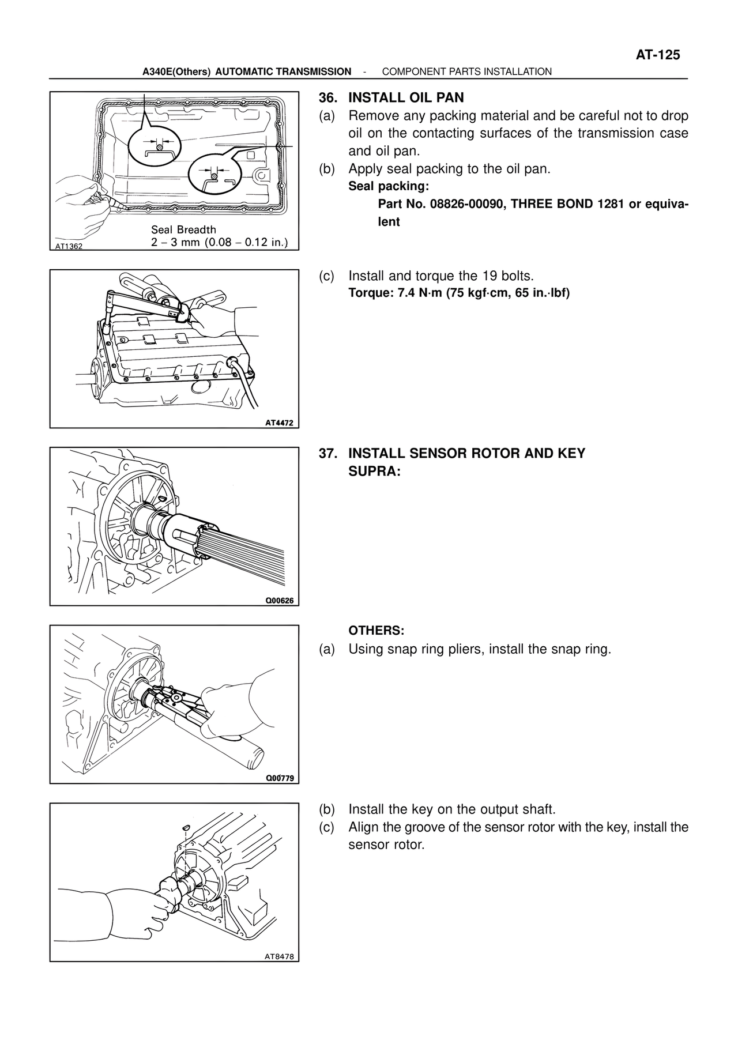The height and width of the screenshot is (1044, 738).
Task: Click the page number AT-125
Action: click(x=658, y=55)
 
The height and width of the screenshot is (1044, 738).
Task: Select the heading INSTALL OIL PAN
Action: click(x=406, y=97)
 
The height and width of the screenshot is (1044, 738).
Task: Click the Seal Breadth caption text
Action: click(x=183, y=229)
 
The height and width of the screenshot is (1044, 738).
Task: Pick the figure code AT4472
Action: click(x=279, y=423)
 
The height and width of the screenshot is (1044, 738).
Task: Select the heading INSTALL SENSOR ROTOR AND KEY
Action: click(x=466, y=453)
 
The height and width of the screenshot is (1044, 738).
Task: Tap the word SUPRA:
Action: click(x=374, y=471)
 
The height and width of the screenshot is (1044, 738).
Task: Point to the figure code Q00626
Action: click(x=279, y=600)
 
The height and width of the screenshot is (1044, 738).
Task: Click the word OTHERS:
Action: click(x=376, y=630)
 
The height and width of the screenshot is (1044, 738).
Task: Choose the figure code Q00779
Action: click(x=279, y=778)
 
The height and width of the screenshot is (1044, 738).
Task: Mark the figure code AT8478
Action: click(x=279, y=956)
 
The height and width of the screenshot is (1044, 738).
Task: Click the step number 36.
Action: click(x=327, y=97)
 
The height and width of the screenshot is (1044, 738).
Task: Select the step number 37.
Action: click(x=327, y=453)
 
